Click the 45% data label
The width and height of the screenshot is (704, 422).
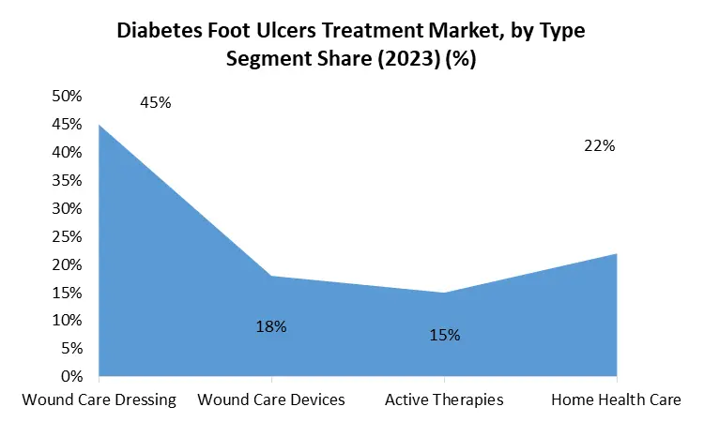coord(155,102)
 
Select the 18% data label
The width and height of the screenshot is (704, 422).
coord(270,326)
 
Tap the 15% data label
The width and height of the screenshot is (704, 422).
coord(444,334)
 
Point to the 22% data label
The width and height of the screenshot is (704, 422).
coord(599,145)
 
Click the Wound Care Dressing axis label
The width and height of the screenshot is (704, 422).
coord(99,399)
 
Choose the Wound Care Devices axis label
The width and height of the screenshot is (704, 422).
coord(271,399)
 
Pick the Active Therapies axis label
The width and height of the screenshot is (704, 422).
coord(444,399)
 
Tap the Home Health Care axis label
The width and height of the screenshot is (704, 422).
coord(616,399)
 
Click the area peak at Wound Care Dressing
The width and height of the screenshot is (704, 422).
coord(99,125)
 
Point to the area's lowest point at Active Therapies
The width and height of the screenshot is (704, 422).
coord(444,293)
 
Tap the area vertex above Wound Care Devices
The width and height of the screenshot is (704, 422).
coord(271,276)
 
